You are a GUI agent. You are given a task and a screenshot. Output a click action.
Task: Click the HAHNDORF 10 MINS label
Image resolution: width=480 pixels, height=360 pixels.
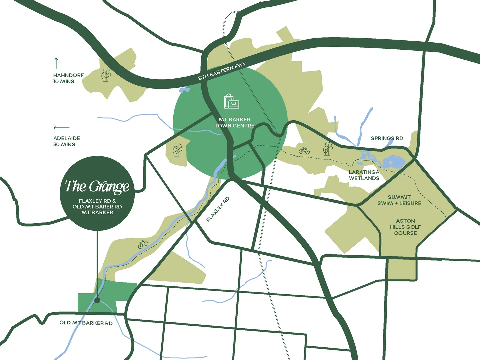pos(68,78)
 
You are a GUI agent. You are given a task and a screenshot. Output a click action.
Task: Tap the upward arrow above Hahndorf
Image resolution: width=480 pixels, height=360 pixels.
pos(56,63)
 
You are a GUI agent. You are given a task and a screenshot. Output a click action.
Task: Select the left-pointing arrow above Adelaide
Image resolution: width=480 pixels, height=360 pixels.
pos(61,128)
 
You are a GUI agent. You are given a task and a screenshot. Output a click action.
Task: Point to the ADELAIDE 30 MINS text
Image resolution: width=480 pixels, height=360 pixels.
pos(66,141)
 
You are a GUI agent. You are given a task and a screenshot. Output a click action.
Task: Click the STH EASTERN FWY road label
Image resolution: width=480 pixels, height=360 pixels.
pos(222,71)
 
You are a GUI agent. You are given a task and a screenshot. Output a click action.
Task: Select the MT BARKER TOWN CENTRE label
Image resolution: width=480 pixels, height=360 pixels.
pos(234,123)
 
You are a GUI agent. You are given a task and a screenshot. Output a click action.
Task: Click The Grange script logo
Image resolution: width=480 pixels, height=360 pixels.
pos(97,187)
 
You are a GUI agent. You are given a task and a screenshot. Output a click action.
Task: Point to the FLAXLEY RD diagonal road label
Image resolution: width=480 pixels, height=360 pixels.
pos(218,209)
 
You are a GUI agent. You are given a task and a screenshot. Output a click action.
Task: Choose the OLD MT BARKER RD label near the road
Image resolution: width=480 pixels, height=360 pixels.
pos(86,323)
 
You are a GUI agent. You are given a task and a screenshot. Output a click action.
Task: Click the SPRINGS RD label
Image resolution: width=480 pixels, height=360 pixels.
pos(387,138)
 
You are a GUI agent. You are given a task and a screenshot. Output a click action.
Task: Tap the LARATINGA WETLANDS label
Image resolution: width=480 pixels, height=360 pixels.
pos(364,175)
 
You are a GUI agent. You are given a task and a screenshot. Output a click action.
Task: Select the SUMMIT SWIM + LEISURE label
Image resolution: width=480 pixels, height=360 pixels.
pos(399,200)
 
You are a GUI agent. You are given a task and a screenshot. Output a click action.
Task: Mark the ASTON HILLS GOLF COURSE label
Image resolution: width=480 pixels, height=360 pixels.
pos(405,227)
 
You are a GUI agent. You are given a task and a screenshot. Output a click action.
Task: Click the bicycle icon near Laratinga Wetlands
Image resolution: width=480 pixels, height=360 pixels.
pos(304,151)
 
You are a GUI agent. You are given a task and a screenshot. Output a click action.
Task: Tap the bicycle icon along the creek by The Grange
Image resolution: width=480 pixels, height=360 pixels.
pos(143,244)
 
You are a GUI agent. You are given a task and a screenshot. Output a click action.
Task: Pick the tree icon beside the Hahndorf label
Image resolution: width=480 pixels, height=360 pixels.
pos(106,75)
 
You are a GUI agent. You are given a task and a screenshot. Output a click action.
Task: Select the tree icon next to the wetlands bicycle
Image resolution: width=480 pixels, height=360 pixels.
pos(328,149)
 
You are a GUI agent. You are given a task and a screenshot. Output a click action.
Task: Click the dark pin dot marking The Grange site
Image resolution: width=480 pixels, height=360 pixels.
pos(97,300)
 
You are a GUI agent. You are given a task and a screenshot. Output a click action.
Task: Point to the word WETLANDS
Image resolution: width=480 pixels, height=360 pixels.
pos(364,178)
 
